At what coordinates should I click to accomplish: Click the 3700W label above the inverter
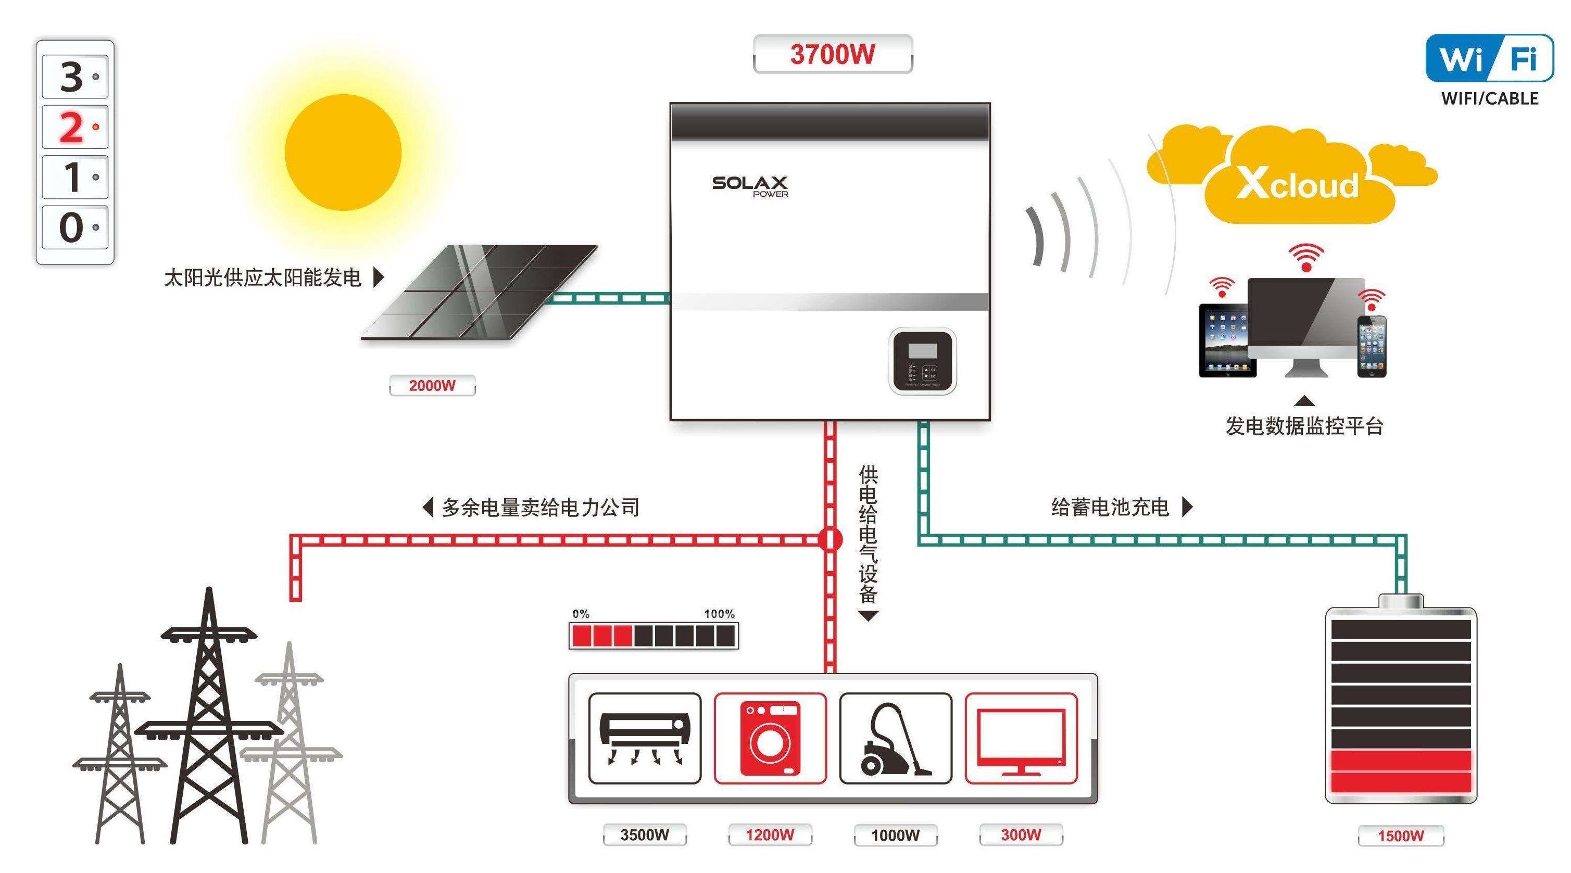click(833, 54)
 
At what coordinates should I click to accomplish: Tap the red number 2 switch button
click(75, 127)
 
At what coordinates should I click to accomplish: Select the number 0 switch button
click(75, 227)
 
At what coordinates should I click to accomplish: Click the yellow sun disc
click(343, 153)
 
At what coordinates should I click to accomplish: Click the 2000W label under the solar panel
click(432, 385)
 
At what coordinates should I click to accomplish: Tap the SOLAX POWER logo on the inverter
click(750, 185)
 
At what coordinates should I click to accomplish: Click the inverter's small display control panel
click(922, 360)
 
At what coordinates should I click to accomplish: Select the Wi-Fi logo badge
click(1489, 58)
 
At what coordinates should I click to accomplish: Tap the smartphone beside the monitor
click(1372, 346)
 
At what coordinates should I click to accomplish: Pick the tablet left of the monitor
click(1227, 340)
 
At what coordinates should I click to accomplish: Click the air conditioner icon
click(645, 738)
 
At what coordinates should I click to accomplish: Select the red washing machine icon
click(770, 738)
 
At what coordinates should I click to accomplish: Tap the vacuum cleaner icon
click(895, 738)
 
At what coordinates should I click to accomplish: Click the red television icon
click(1021, 738)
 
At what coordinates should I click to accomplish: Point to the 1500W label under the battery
click(1401, 835)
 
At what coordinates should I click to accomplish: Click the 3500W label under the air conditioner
click(645, 834)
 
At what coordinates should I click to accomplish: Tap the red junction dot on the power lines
click(830, 539)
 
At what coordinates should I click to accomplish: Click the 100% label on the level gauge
click(719, 614)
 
